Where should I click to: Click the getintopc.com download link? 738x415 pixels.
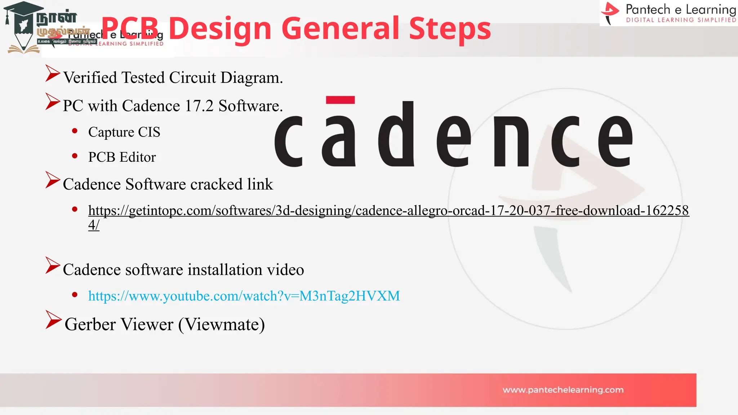[x=388, y=211]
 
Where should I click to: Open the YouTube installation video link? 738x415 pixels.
[x=244, y=296]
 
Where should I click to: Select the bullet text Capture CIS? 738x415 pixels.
[x=124, y=132]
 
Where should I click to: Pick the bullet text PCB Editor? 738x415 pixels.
[x=122, y=157]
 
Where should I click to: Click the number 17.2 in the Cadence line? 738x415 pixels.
[x=199, y=106]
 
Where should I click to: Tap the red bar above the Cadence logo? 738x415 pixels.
[x=340, y=100]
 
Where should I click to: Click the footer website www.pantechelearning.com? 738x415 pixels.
[x=563, y=390]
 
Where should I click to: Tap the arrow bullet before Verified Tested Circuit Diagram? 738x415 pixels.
[x=52, y=73]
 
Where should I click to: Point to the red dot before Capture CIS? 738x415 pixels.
[x=75, y=131]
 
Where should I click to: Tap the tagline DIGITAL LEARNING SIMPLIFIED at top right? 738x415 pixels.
[x=681, y=20]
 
